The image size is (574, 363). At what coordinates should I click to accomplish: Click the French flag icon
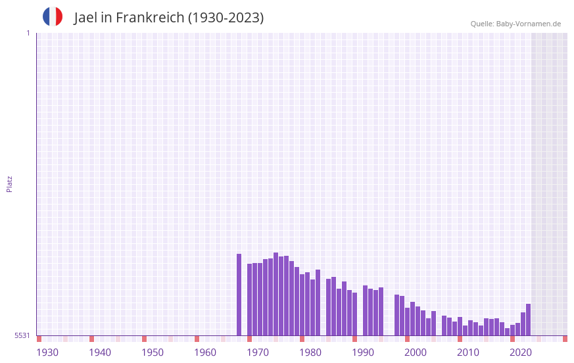(x=53, y=16)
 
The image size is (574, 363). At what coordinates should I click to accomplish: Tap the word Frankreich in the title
(x=150, y=18)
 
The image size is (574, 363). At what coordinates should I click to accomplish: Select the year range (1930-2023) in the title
(x=226, y=18)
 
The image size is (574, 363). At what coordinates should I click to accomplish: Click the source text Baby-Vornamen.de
(x=528, y=24)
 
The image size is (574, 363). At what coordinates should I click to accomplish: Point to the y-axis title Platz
(x=9, y=183)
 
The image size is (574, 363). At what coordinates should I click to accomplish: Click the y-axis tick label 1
(x=28, y=33)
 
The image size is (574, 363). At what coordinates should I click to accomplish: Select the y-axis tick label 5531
(x=22, y=335)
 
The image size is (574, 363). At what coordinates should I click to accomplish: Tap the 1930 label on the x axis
(x=47, y=352)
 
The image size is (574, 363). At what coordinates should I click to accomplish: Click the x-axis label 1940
(x=100, y=352)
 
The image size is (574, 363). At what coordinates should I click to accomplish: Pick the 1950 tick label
(x=153, y=352)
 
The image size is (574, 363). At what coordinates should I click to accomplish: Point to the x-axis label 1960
(x=205, y=352)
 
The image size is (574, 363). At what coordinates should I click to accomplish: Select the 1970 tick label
(x=258, y=352)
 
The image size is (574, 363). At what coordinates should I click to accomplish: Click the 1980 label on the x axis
(x=310, y=352)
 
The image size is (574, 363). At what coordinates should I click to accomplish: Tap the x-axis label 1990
(x=363, y=352)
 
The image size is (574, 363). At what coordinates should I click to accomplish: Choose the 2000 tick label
(x=416, y=352)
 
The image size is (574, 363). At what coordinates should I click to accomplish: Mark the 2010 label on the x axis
(x=468, y=352)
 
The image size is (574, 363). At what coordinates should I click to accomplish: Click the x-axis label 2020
(x=521, y=352)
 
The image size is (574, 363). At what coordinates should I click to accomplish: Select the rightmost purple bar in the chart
(x=528, y=320)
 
